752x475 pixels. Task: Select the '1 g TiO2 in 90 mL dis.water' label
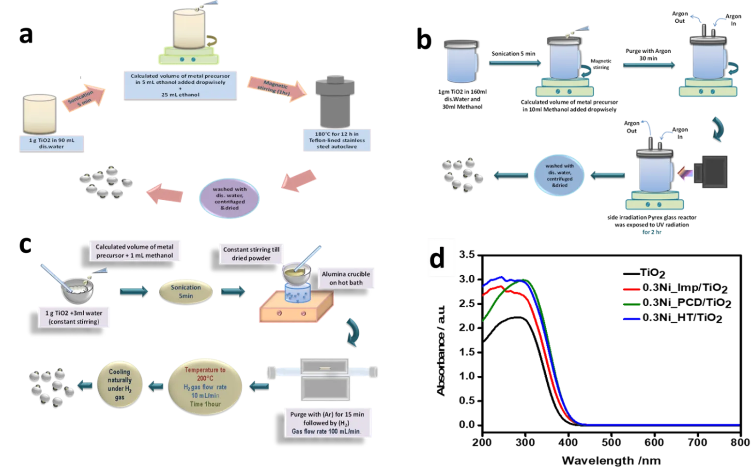point(51,144)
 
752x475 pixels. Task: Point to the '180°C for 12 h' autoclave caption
point(337,140)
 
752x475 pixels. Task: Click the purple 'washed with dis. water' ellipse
point(230,198)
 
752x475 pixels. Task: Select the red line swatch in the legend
point(631,290)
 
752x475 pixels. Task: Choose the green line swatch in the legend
point(631,305)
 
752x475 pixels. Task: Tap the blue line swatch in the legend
point(631,319)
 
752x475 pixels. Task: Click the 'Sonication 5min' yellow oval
point(186,291)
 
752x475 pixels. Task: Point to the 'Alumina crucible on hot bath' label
point(346,278)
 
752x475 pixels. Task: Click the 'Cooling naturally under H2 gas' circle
point(120,385)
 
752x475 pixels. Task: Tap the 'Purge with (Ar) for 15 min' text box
point(327,423)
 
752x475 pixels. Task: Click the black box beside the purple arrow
point(711,172)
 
